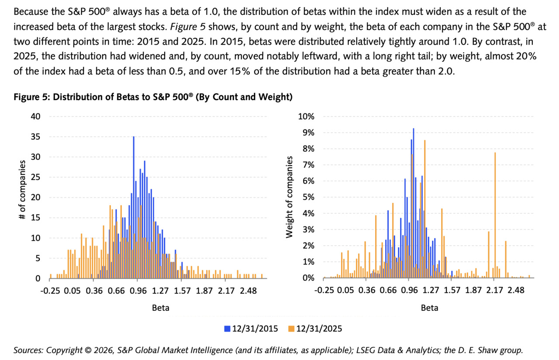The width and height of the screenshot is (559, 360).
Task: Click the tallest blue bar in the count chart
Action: tap(134, 207)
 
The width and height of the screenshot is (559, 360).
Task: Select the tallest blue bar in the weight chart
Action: tap(414, 203)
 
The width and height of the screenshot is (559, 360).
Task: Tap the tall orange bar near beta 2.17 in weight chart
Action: tap(495, 215)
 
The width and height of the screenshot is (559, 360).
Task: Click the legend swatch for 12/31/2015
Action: tap(227, 329)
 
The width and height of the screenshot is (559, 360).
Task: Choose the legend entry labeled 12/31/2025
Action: tap(315, 329)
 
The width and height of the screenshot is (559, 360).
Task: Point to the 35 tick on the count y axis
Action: tap(35, 137)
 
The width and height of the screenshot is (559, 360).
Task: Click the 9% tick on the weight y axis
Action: tap(308, 132)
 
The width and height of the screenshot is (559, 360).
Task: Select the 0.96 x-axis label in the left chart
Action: tap(138, 291)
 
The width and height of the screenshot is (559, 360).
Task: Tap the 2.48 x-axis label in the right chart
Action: tap(516, 291)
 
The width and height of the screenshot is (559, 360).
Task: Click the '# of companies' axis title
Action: tap(22, 190)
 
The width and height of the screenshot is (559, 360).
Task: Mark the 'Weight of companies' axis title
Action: tap(289, 197)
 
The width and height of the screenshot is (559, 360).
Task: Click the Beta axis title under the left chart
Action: tap(161, 308)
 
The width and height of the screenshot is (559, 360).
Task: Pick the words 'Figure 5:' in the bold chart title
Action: tap(32, 97)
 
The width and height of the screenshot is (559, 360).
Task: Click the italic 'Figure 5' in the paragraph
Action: tap(188, 27)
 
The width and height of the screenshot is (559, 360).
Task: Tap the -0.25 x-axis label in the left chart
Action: tap(50, 291)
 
